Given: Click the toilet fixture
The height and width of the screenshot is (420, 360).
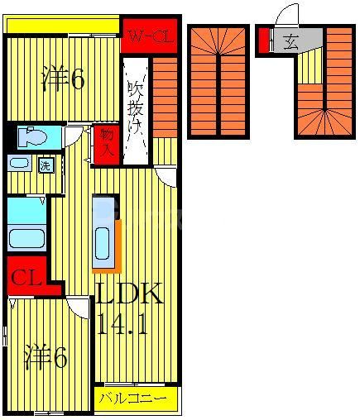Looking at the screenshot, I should click(x=31, y=136).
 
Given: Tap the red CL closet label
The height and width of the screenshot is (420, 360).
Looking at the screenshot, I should click(x=26, y=278).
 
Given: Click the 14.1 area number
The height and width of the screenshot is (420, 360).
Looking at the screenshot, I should click(x=122, y=324).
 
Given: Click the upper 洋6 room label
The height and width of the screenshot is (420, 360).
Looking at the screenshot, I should click(x=63, y=79).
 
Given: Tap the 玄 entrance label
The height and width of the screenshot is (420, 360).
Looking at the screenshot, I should click(x=291, y=40).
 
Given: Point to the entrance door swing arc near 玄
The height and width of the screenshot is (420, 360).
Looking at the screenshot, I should click(x=286, y=15).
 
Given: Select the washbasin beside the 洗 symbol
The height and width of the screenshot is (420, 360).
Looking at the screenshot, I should click(x=20, y=164).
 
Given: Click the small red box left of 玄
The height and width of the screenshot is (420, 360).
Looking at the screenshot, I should click(x=264, y=39).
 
